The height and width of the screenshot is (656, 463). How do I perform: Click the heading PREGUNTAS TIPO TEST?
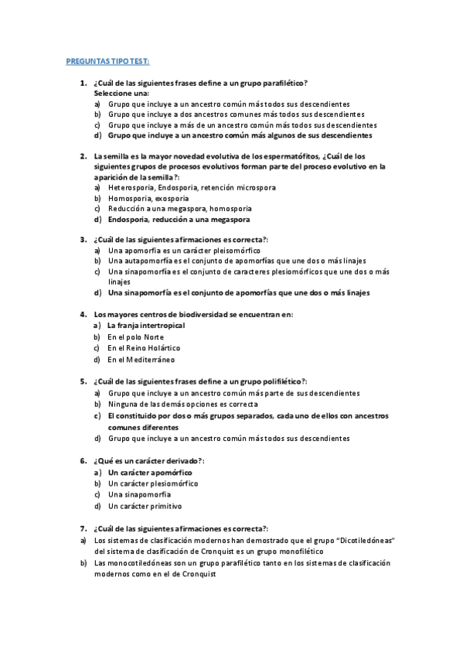coord(107,61)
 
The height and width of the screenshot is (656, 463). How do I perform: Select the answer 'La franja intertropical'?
coord(146,326)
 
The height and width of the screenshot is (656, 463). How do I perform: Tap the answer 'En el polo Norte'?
coord(136,337)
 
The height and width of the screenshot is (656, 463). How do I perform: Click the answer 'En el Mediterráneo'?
coord(141,359)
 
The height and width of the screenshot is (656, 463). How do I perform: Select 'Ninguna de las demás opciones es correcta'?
coord(183,404)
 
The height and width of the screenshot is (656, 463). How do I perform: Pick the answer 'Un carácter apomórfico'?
coord(150,472)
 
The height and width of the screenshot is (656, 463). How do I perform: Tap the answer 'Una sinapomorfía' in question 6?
coord(139,494)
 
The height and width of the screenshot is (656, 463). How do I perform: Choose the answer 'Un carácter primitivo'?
coord(145,506)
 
